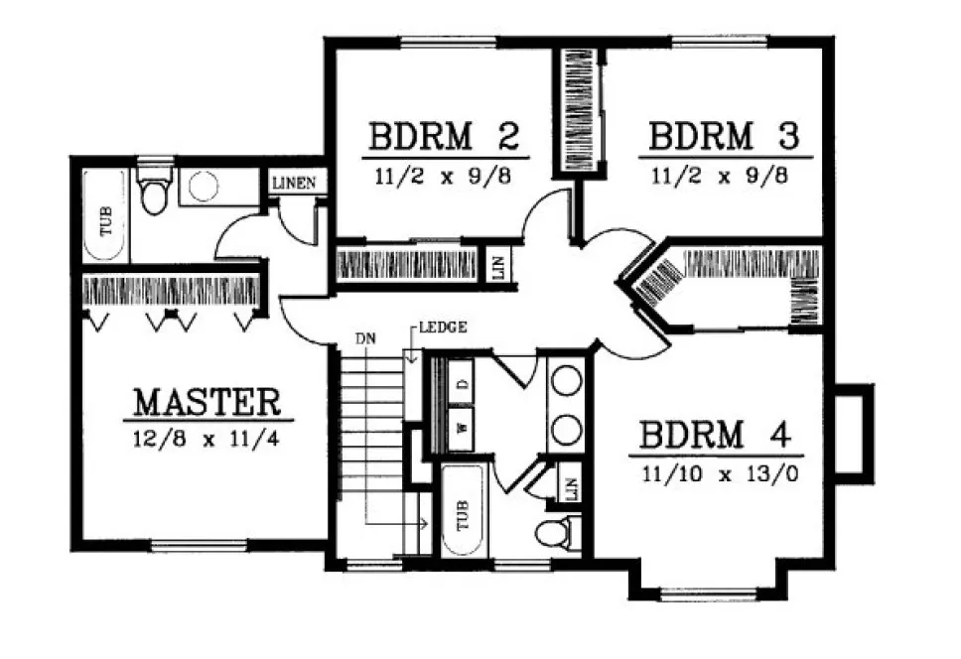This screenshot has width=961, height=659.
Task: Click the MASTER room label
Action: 207,402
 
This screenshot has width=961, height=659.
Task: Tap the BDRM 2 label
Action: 444,136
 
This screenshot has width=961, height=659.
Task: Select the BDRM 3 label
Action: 724,136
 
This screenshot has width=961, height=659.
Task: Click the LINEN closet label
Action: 294,183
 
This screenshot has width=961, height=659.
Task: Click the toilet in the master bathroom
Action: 152,195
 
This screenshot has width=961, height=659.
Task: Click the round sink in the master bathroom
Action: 205,187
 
